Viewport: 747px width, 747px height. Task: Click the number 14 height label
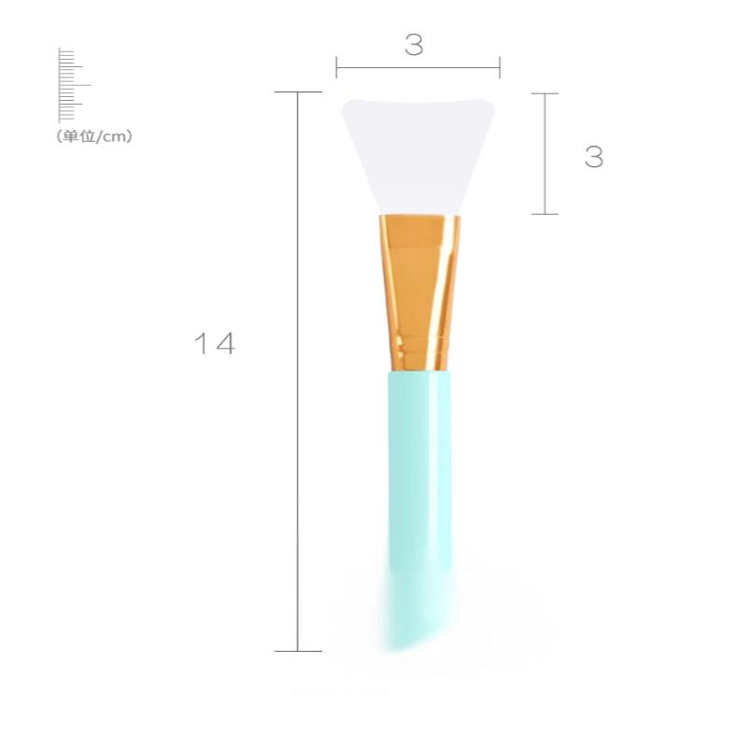[215, 344]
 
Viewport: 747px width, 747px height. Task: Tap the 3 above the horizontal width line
[414, 45]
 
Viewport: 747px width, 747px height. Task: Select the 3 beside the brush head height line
[594, 157]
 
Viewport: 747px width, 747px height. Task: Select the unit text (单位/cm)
[94, 136]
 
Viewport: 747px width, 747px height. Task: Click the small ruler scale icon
[73, 85]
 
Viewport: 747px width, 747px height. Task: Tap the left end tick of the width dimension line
[336, 67]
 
